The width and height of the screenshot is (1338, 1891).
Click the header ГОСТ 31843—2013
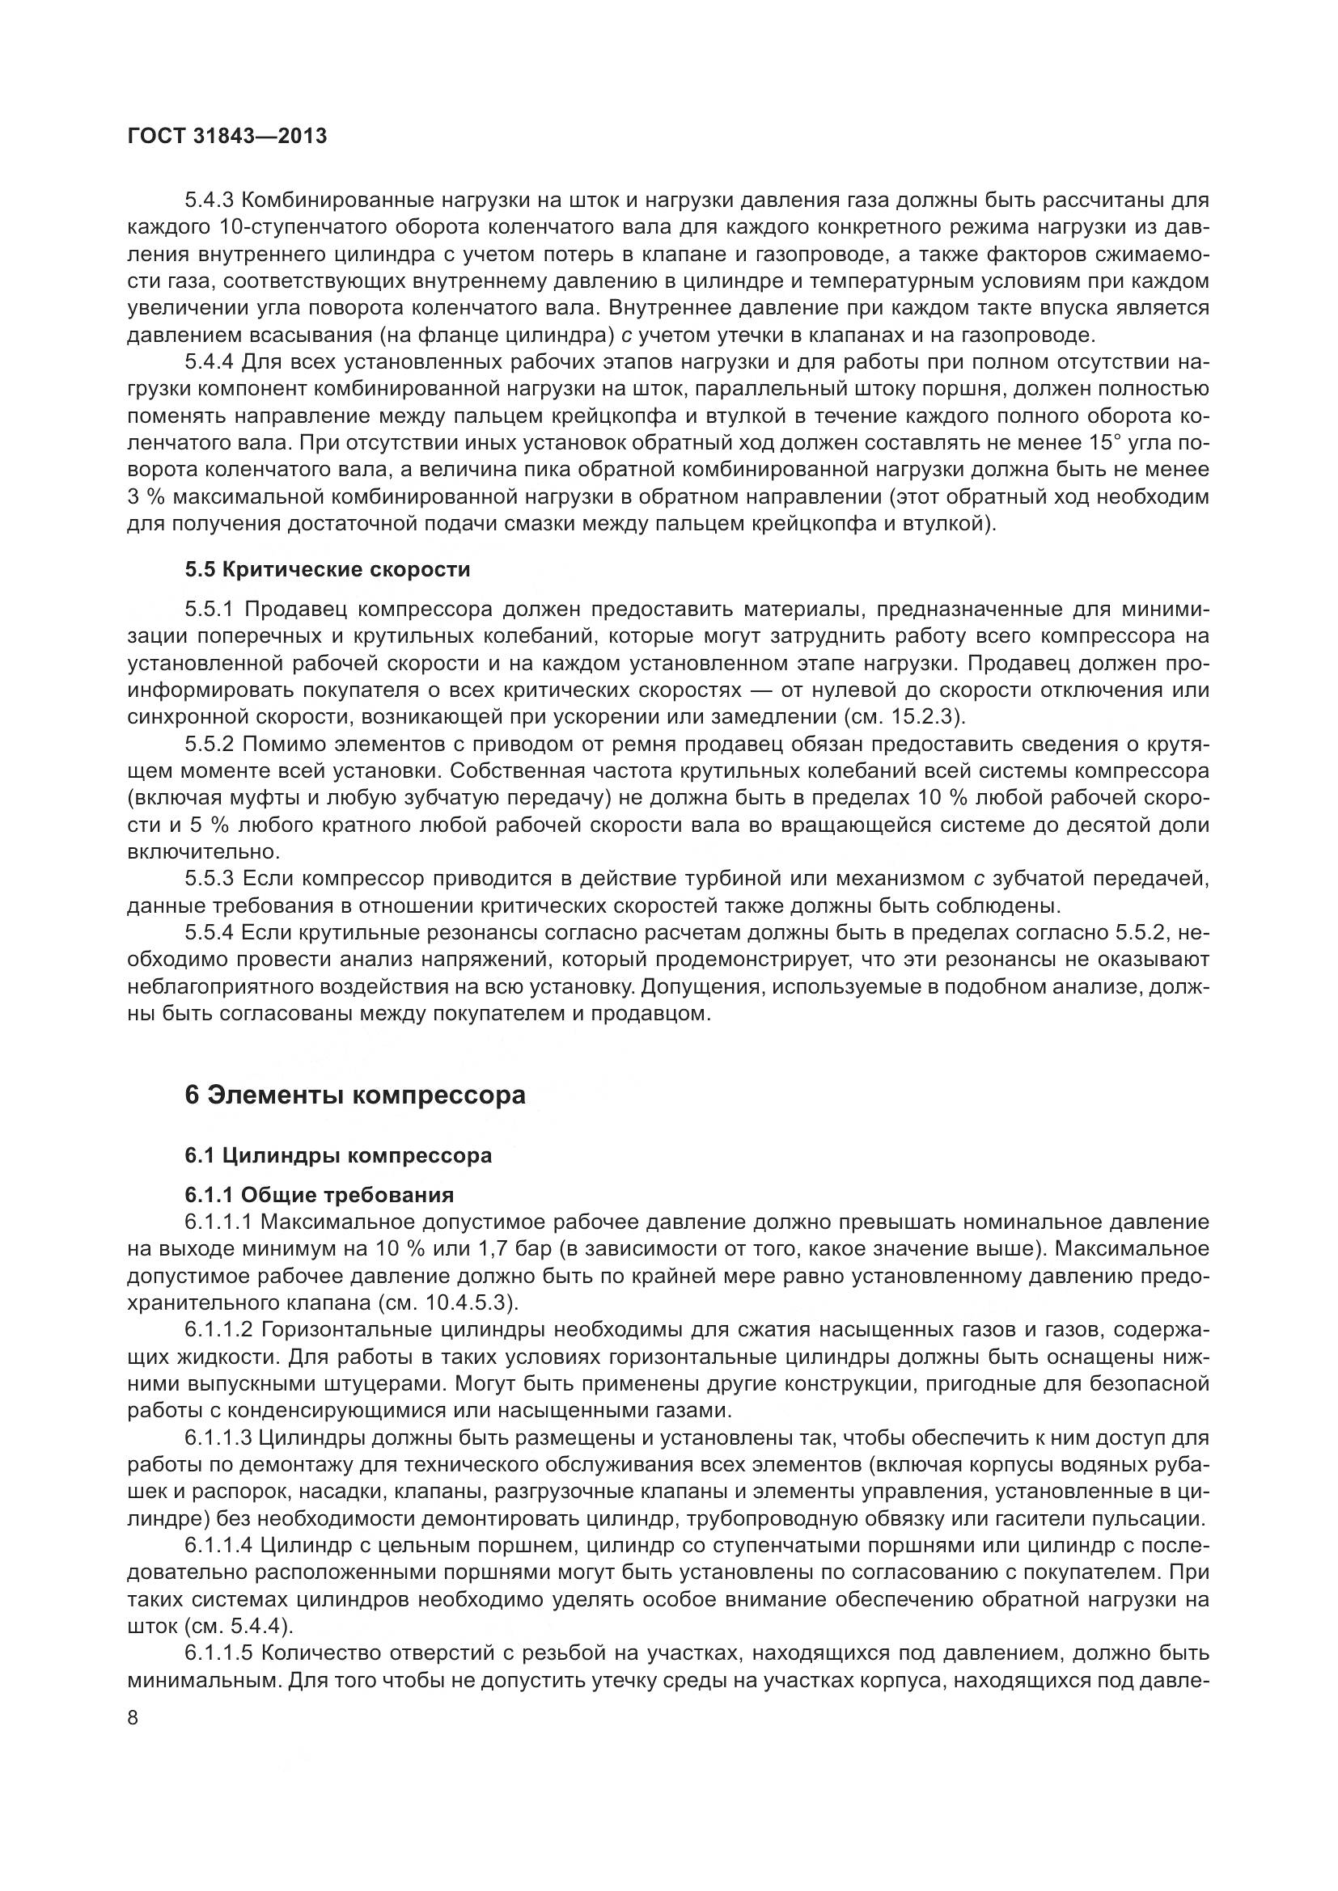[x=227, y=136]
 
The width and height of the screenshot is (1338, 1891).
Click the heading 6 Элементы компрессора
[x=355, y=1095]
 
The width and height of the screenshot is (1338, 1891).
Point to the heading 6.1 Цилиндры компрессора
[x=339, y=1154]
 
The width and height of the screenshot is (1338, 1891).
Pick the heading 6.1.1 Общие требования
[x=320, y=1194]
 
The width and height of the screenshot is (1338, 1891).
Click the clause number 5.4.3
[x=211, y=200]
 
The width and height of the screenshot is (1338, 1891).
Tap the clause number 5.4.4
[x=211, y=361]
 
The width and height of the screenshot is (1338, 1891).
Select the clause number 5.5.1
[x=211, y=609]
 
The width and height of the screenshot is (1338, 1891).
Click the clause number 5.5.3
[x=211, y=879]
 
